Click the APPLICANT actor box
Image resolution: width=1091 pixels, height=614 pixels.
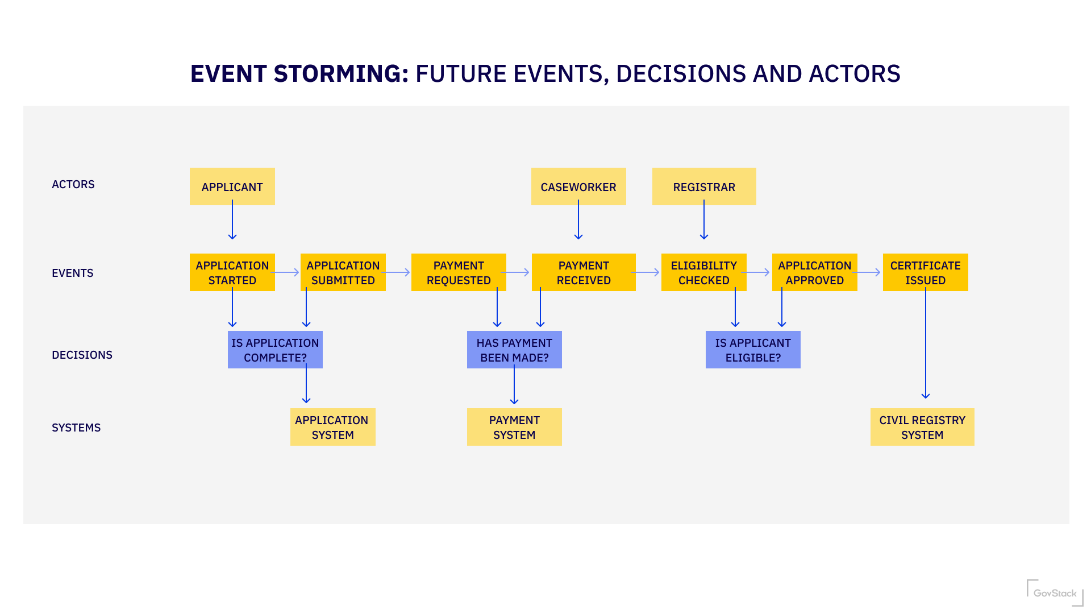click(232, 186)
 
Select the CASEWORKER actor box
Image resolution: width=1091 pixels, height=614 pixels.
click(578, 186)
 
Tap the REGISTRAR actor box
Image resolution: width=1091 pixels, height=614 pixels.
click(703, 186)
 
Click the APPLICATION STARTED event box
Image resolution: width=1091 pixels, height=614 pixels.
click(232, 272)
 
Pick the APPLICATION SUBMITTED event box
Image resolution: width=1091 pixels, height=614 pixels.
click(343, 272)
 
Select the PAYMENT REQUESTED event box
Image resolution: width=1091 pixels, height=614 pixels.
click(458, 272)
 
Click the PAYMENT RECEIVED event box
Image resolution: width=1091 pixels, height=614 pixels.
click(583, 272)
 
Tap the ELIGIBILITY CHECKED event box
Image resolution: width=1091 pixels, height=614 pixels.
click(703, 272)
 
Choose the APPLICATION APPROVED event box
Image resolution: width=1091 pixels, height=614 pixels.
click(814, 272)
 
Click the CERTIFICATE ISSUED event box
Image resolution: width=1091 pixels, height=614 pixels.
click(925, 272)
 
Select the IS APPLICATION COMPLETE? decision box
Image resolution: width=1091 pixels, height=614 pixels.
click(275, 350)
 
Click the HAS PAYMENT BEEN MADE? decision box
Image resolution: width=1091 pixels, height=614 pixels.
click(514, 350)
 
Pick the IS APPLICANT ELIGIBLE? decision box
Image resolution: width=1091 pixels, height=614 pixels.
click(752, 350)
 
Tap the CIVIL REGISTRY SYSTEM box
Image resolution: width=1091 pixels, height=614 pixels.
click(922, 427)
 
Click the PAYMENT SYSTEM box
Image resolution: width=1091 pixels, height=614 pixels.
click(514, 427)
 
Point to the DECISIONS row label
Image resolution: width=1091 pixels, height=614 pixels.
click(82, 355)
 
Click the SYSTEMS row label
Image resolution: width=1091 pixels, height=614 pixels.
click(76, 428)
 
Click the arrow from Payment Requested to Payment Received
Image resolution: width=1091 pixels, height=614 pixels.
click(516, 272)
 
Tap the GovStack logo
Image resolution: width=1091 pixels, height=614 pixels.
click(1055, 592)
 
